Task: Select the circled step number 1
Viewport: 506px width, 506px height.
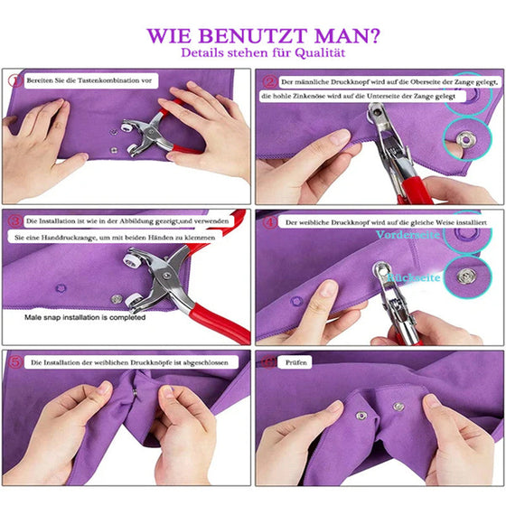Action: pyautogui.click(x=14, y=80)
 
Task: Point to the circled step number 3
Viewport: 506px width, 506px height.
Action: pyautogui.click(x=14, y=220)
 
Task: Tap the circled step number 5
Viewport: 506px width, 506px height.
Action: pyautogui.click(x=14, y=361)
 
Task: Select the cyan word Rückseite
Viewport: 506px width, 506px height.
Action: pyautogui.click(x=414, y=277)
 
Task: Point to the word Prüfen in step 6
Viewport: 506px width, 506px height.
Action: pyautogui.click(x=297, y=361)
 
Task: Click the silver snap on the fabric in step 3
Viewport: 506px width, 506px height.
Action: pyautogui.click(x=117, y=298)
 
